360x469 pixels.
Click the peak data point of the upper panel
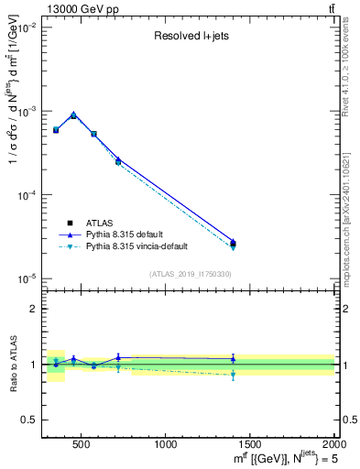point(73,115)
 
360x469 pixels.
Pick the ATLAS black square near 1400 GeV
point(233,244)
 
